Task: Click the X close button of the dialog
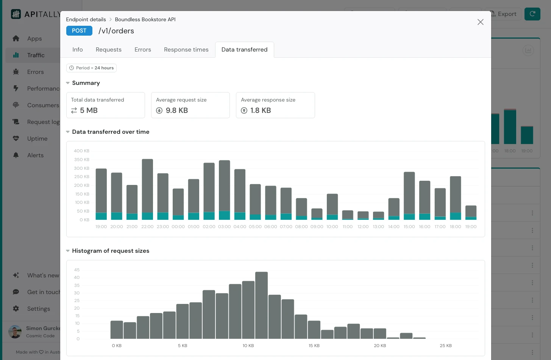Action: (x=480, y=22)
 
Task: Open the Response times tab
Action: (x=186, y=50)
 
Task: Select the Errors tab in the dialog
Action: (x=142, y=50)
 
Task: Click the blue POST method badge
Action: (x=79, y=31)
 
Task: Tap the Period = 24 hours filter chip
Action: (x=91, y=68)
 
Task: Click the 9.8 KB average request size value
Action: (x=176, y=110)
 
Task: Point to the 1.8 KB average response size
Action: (x=261, y=110)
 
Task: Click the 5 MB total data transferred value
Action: (x=89, y=110)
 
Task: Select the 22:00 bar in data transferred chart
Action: (x=147, y=188)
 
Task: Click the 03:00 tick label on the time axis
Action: (x=224, y=227)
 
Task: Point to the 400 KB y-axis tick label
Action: (x=81, y=151)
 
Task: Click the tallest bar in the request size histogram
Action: (x=261, y=305)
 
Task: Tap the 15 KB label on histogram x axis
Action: (x=314, y=346)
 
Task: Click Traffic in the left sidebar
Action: (x=36, y=55)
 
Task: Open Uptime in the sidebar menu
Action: (x=37, y=139)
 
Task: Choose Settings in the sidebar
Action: (x=38, y=309)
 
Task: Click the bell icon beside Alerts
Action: (x=16, y=155)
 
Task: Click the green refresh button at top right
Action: (x=532, y=14)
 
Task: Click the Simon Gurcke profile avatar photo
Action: (x=15, y=332)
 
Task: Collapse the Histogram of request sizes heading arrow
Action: (x=68, y=251)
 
